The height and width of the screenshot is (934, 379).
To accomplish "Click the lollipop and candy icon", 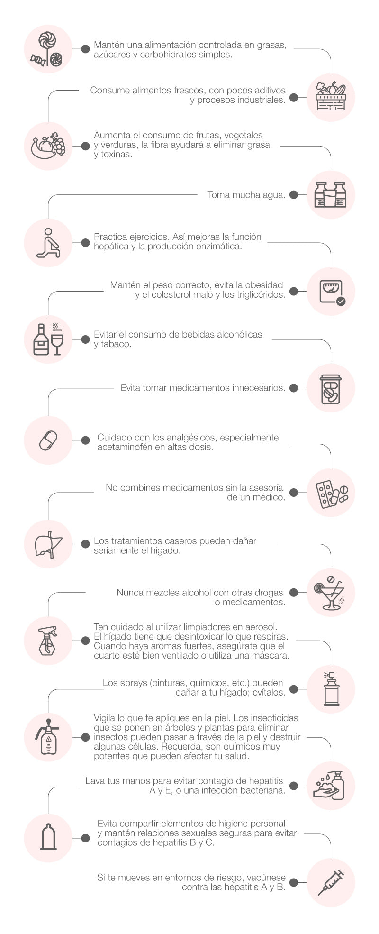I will pyautogui.click(x=48, y=48).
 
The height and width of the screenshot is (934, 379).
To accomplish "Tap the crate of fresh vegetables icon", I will pyautogui.click(x=331, y=97).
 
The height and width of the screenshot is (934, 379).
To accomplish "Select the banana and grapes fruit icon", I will pyautogui.click(x=48, y=146).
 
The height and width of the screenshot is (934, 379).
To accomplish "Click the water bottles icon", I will pyautogui.click(x=331, y=194).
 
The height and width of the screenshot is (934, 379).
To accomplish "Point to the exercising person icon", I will pyautogui.click(x=48, y=243).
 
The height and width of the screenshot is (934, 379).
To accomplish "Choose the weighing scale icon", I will pyautogui.click(x=331, y=291).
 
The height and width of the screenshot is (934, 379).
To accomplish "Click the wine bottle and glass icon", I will pyautogui.click(x=48, y=339).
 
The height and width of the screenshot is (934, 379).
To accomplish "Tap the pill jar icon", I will pyautogui.click(x=331, y=388).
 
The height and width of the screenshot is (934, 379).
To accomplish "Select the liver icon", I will pyautogui.click(x=48, y=543).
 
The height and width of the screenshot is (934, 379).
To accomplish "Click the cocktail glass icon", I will pyautogui.click(x=331, y=592).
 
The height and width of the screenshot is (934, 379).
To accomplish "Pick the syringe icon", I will pyautogui.click(x=331, y=883).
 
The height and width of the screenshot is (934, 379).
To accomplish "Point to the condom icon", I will pyautogui.click(x=48, y=838).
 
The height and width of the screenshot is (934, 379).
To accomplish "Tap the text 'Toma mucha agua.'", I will pyautogui.click(x=246, y=195).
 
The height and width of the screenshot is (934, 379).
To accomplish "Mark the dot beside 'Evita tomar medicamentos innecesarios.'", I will pyautogui.click(x=294, y=388).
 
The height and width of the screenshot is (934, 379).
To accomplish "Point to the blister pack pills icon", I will pyautogui.click(x=331, y=493).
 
